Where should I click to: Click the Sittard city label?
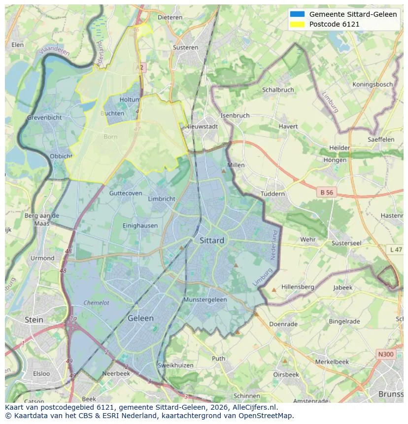click(x=212, y=241)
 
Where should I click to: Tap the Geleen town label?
click(x=140, y=318)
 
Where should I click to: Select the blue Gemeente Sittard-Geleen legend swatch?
click(x=298, y=14)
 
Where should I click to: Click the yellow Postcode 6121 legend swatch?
click(x=298, y=24)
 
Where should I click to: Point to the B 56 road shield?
click(x=326, y=193)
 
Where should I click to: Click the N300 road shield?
click(x=385, y=354)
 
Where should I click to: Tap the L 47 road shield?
click(x=396, y=250)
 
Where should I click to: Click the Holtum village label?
click(x=130, y=99)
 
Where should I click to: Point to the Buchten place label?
click(x=112, y=113)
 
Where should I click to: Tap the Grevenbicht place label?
click(x=44, y=118)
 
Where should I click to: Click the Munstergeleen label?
click(x=205, y=299)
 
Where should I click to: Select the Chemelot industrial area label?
click(x=96, y=303)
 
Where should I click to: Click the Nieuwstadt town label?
click(x=202, y=127)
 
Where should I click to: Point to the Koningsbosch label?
click(x=373, y=84)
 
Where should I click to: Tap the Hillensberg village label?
click(x=298, y=287)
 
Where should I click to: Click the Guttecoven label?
click(x=126, y=194)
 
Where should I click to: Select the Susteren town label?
click(x=185, y=48)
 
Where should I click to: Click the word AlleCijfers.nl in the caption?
click(x=253, y=408)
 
